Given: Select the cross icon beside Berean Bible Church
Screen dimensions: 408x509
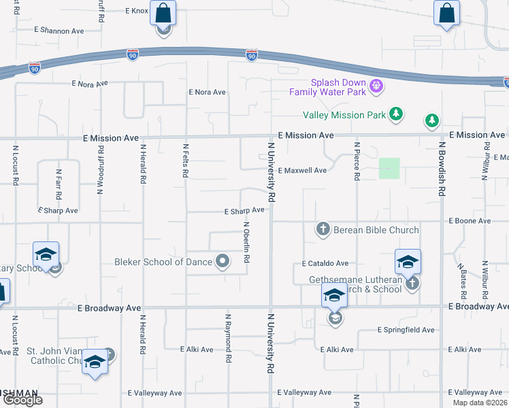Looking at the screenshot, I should click(324, 229).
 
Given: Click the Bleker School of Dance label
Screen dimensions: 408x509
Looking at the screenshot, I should click(164, 262).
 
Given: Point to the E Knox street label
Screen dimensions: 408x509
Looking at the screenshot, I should click(136, 11).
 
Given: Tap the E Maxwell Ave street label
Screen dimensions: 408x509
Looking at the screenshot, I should click(302, 170).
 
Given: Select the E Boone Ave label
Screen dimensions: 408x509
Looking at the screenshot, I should click(470, 221).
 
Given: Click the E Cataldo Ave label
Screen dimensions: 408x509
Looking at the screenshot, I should click(325, 263).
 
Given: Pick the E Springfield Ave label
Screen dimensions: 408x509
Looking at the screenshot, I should click(406, 330).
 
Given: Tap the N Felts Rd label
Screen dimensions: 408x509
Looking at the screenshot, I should click(185, 160).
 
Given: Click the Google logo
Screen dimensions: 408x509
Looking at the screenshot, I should click(22, 400).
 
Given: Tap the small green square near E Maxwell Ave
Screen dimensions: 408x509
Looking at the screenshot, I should click(389, 168).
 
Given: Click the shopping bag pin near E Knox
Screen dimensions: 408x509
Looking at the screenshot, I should click(163, 12).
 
